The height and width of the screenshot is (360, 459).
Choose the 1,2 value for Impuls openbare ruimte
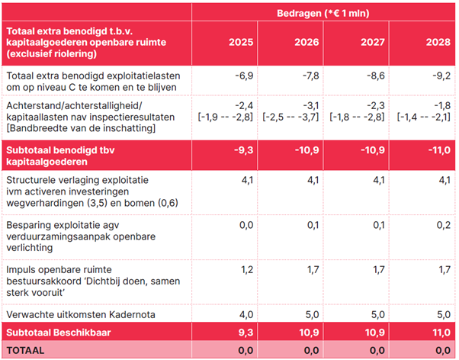(x=246, y=270)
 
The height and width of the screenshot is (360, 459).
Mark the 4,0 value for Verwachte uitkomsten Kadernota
(x=246, y=313)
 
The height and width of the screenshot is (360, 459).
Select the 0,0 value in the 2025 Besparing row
(x=246, y=226)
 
